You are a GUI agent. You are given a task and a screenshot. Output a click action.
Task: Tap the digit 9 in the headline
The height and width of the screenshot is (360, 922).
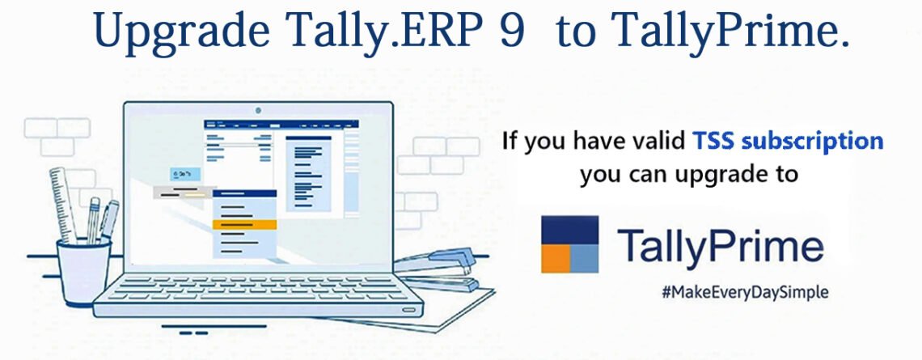click(512, 29)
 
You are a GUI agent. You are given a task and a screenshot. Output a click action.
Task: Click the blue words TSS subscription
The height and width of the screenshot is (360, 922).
click(788, 142)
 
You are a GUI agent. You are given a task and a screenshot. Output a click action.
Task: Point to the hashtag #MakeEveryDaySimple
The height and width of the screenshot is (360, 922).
click(745, 292)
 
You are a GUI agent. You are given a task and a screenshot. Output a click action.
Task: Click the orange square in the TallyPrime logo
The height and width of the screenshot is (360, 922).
click(556, 258)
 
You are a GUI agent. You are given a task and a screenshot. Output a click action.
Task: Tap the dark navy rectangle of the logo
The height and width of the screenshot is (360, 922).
click(570, 230)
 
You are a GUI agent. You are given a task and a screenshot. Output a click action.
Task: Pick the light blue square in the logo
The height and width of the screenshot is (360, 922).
click(585, 258)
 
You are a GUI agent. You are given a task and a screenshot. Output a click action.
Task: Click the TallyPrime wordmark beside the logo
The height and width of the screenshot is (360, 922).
click(721, 245)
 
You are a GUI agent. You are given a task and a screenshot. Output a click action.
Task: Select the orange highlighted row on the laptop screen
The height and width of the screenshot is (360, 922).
click(244, 224)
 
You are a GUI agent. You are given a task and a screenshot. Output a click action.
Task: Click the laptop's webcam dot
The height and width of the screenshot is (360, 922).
click(258, 110)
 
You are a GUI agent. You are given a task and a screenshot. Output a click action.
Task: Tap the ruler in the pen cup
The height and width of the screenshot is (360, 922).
click(62, 205)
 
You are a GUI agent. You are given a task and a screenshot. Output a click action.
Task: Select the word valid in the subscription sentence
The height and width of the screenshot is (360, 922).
click(658, 142)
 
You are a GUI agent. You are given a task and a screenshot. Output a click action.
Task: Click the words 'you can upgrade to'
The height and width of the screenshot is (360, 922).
click(688, 174)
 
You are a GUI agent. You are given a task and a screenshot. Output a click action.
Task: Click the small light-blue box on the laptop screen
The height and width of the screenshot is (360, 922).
click(185, 174)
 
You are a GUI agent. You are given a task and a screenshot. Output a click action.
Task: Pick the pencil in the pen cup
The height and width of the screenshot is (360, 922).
click(92, 220)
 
